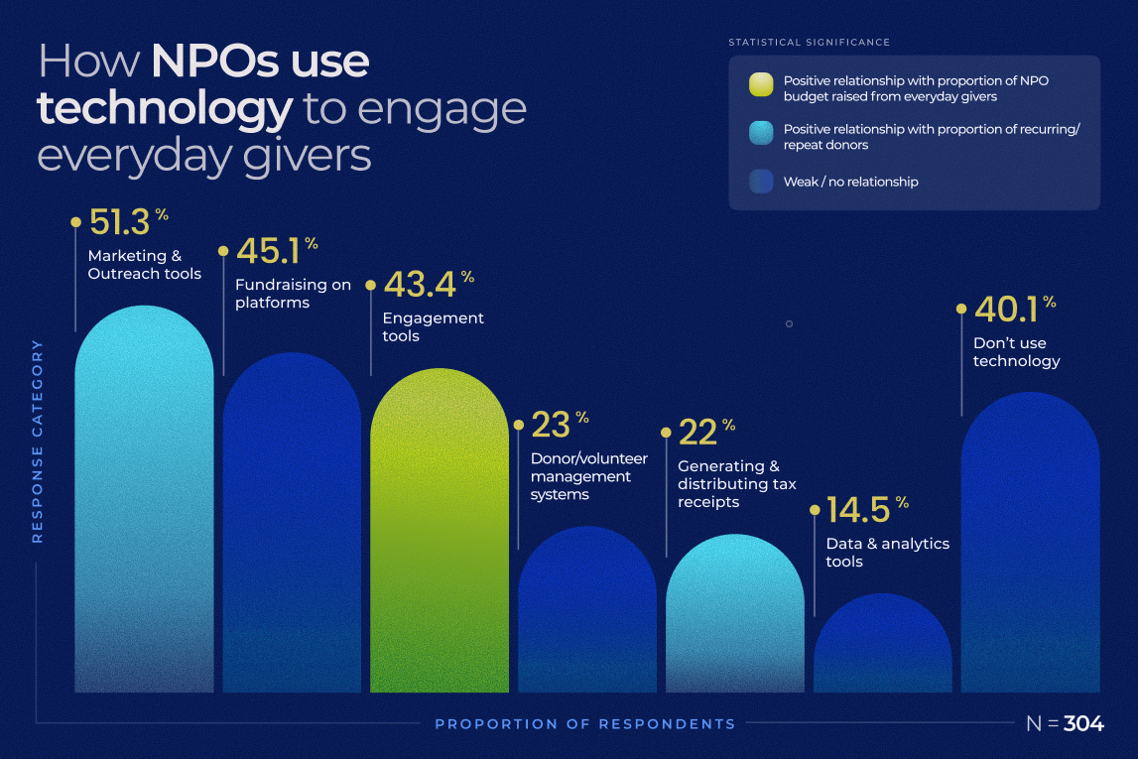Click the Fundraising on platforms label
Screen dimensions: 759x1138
point(293,294)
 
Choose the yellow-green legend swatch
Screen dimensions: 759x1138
point(762,85)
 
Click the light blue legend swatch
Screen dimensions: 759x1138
point(762,134)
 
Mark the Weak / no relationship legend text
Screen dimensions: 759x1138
point(850,183)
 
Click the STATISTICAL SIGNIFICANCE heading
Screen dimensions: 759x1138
point(809,43)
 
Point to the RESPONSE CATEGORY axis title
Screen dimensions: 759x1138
point(38,441)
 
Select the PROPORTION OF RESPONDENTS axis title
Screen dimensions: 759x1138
point(585,724)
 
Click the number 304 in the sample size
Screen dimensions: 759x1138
point(1083,724)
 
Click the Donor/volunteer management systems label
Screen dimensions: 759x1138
point(588,476)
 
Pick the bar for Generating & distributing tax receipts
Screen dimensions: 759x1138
point(734,615)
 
